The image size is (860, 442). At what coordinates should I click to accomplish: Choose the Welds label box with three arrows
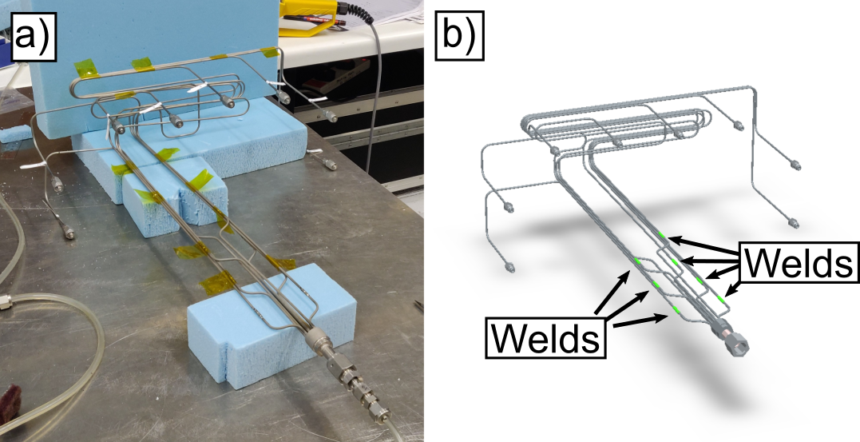click(x=545, y=338)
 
